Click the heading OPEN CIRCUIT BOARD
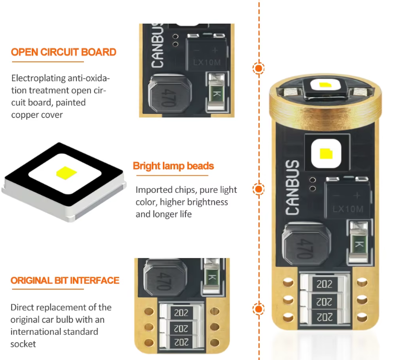coord(64,52)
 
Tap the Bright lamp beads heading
coord(173,166)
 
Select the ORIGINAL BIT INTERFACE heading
coord(65,281)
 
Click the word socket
coord(23,344)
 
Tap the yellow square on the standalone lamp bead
coord(66,173)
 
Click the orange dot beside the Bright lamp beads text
coord(259,189)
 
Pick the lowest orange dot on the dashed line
coord(259,309)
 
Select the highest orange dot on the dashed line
coord(259,68)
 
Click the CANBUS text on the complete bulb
coord(292,187)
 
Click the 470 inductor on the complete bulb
coord(306,244)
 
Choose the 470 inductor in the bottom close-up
coord(165,278)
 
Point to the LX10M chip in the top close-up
coord(207,53)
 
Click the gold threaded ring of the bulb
coord(325,112)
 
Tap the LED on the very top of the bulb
coord(325,87)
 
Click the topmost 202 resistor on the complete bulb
coord(325,284)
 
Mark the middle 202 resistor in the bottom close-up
coord(181,328)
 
